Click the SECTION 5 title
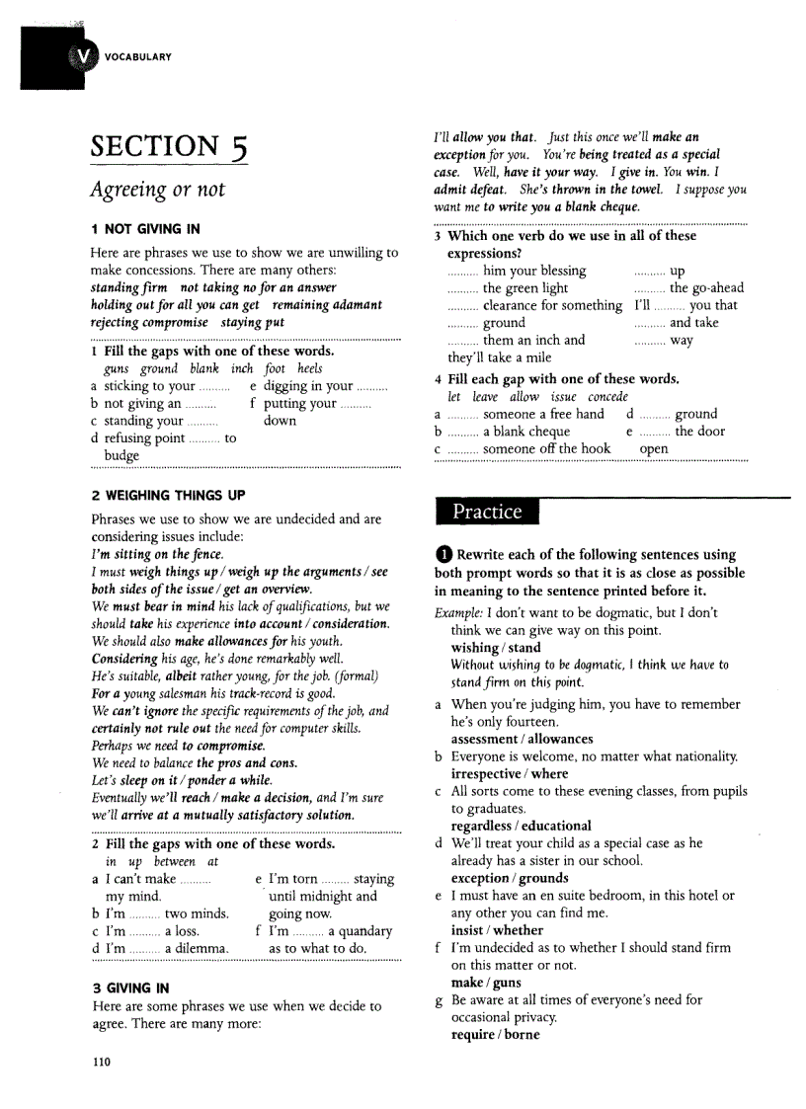(169, 148)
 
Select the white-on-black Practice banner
(486, 512)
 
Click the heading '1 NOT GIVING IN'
(145, 229)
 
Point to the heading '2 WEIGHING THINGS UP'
(168, 495)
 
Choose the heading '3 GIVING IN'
(130, 988)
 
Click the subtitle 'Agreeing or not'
(158, 190)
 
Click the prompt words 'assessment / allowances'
(522, 739)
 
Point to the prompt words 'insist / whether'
(497, 930)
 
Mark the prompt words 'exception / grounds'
(510, 878)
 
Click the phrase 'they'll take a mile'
(500, 357)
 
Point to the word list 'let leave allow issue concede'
(537, 397)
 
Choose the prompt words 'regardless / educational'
(521, 826)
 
